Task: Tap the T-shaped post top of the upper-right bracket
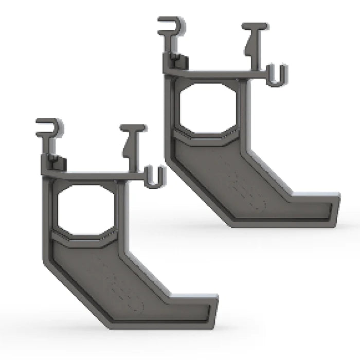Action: pos(255,27)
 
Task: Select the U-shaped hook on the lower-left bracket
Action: pos(156,177)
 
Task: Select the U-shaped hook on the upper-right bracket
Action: pos(277,76)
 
